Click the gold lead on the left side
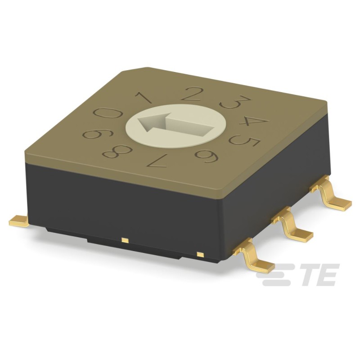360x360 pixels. tap(19, 220)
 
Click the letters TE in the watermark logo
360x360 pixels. tap(317, 274)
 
